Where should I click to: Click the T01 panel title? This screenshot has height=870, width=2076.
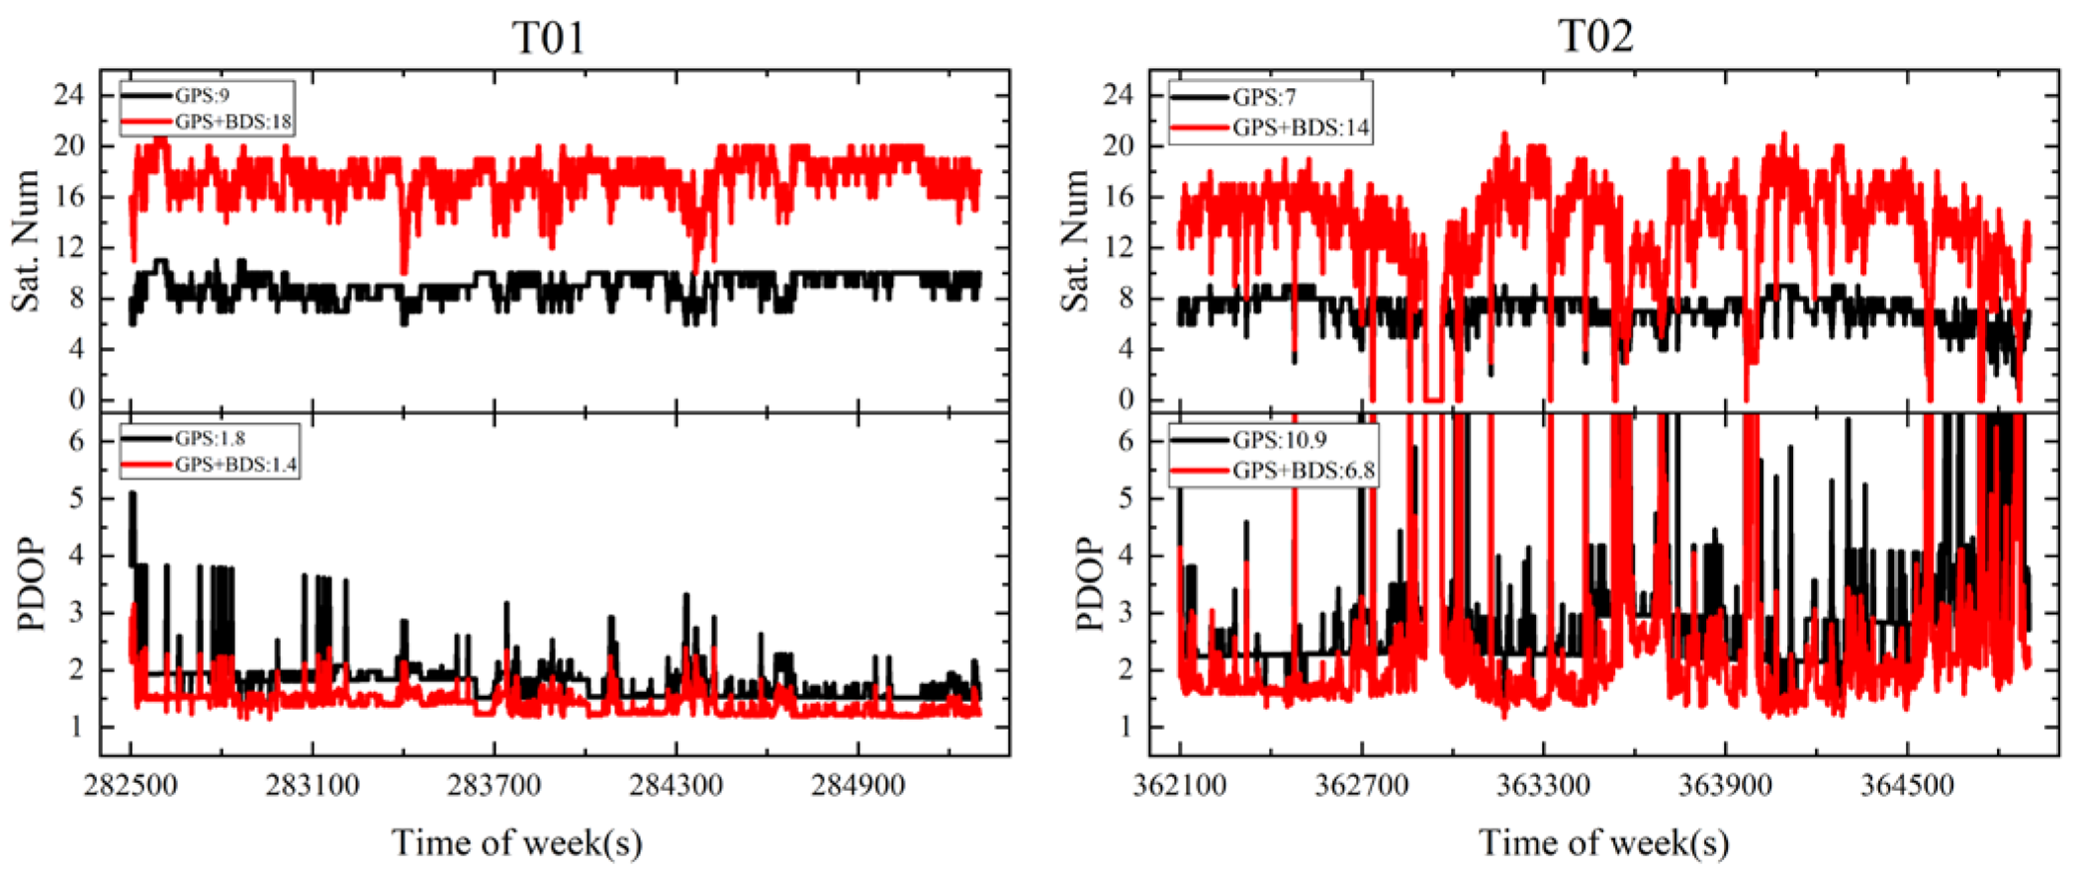coord(548,38)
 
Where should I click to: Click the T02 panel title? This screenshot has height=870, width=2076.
coord(1595,36)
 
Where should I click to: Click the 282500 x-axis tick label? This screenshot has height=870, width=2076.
coord(131,787)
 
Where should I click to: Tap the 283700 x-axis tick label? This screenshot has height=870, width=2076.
coord(495,787)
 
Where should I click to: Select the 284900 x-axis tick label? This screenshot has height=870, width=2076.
coord(858,787)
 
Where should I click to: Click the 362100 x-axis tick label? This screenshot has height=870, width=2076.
coord(1179,787)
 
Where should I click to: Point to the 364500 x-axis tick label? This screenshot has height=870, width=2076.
coord(1907,787)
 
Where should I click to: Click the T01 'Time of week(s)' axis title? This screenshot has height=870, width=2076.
coord(516,842)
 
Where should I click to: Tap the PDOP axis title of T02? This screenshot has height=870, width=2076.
coord(1088,583)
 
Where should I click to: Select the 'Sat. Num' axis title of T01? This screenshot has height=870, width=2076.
coord(26,240)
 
